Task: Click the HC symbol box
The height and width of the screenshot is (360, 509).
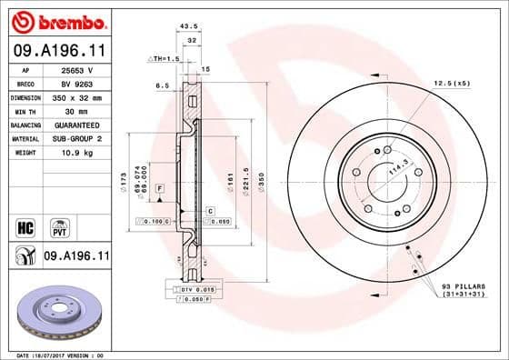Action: [25, 224]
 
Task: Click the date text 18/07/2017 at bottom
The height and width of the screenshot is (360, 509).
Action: [55, 354]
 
